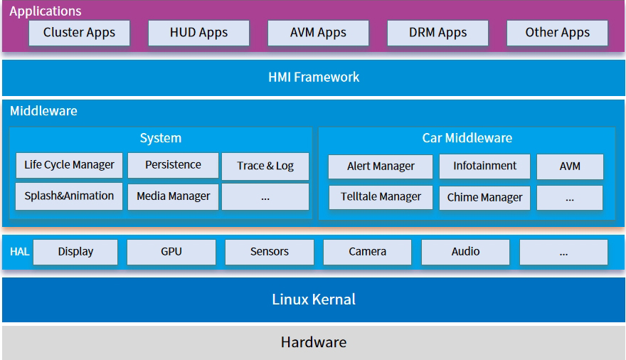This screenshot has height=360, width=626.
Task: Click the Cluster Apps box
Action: (79, 33)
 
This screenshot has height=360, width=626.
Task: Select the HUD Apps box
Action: (198, 33)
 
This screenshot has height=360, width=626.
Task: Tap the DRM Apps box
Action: (437, 33)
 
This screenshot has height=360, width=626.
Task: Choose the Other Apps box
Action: (557, 33)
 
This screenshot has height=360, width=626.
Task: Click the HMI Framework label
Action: (314, 77)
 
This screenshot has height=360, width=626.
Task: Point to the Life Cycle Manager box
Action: (69, 165)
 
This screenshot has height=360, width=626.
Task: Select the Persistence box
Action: (173, 165)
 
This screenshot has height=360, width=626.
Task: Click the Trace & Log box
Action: (265, 166)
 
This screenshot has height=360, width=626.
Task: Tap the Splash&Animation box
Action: (69, 196)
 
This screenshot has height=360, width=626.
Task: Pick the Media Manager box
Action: (173, 197)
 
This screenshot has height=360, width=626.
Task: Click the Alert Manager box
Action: (381, 166)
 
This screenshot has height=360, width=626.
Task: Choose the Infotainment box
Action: (484, 166)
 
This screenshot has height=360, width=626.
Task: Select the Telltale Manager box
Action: (381, 197)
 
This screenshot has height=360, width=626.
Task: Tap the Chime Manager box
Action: (484, 198)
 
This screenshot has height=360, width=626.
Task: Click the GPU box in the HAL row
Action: (171, 252)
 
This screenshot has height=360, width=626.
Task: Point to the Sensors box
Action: (270, 252)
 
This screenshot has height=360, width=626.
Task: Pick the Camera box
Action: (367, 252)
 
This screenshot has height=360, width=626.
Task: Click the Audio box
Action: (465, 252)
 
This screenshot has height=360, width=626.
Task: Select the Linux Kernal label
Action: (314, 300)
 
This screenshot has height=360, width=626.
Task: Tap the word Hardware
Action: (314, 342)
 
